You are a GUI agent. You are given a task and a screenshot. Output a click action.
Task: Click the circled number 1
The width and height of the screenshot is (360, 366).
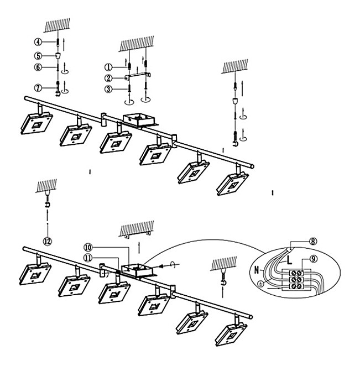109,67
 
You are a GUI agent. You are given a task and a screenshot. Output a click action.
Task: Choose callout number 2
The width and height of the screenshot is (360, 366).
109,78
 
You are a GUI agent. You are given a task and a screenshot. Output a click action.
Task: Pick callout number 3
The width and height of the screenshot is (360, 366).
109,88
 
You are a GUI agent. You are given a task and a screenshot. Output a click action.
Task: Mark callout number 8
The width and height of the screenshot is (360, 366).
313,241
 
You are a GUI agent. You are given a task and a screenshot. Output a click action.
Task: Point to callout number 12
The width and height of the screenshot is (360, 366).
48,240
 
